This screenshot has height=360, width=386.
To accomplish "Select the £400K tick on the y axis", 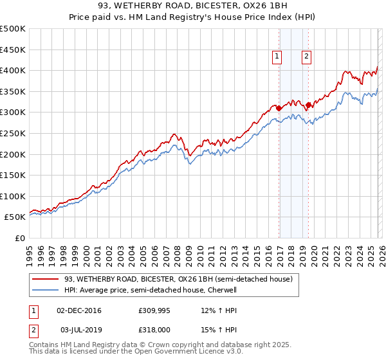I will pos(13,70).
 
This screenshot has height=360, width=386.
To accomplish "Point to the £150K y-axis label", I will pos(13,175).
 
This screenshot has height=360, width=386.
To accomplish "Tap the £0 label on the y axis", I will pos(19,238).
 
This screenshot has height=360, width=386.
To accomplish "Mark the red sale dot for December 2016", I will pos(279,108).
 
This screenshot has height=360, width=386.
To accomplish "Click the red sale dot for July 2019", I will pos(308,105).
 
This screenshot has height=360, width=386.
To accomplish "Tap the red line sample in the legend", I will pos(46,280).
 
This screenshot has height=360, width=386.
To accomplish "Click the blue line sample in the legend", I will pos(46,290).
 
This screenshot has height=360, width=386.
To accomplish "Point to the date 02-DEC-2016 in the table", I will pos(79,310).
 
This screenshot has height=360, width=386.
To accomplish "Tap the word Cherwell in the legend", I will pos(221,290).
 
